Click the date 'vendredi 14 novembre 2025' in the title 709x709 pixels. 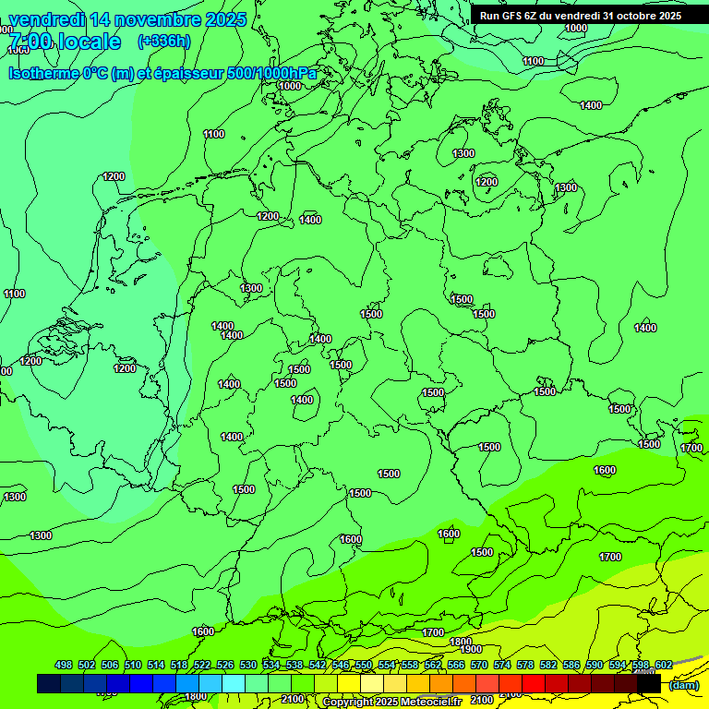[127, 19]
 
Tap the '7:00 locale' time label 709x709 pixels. [64, 42]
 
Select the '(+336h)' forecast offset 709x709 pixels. [163, 42]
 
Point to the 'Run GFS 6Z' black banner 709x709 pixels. [581, 16]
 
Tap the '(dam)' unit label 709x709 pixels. [683, 685]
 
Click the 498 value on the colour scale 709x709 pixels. [64, 666]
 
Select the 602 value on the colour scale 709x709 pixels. [663, 666]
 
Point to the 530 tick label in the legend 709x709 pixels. [248, 666]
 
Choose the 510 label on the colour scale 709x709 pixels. [133, 666]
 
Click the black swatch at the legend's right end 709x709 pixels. [650, 684]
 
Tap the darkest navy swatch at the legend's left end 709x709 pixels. [49, 684]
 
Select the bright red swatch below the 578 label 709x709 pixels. [534, 684]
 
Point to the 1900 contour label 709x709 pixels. [472, 649]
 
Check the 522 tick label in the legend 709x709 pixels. [202, 666]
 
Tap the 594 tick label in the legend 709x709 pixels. [618, 666]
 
